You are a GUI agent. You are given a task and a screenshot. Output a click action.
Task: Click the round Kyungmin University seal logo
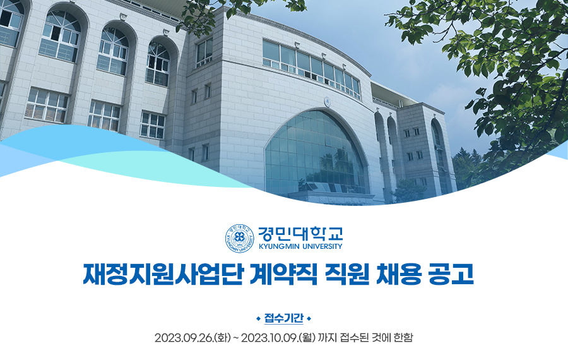pyautogui.click(x=239, y=238)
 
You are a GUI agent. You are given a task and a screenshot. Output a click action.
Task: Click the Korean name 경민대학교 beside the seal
pyautogui.click(x=300, y=234)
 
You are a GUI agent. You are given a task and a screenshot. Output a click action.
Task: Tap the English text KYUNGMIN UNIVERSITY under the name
pyautogui.click(x=300, y=246)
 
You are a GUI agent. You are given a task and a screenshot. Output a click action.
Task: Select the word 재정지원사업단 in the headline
pyautogui.click(x=163, y=275)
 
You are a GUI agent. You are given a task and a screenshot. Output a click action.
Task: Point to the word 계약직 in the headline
pyautogui.click(x=283, y=275)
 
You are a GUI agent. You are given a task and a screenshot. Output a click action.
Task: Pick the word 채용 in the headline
pyautogui.click(x=399, y=275)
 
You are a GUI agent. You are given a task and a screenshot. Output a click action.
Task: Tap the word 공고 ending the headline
pyautogui.click(x=451, y=275)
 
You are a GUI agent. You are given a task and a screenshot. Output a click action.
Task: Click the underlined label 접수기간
pyautogui.click(x=283, y=318)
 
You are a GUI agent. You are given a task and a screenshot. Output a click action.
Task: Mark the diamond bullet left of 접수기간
pyautogui.click(x=258, y=319)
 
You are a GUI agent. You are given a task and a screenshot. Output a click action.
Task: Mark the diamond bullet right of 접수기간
pyautogui.click(x=309, y=319)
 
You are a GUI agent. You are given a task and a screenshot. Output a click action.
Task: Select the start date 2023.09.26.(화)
pyautogui.click(x=192, y=338)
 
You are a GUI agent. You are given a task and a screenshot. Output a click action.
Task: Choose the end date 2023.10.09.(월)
pyautogui.click(x=278, y=338)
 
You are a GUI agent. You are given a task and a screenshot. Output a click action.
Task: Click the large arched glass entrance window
pyautogui.click(x=315, y=153)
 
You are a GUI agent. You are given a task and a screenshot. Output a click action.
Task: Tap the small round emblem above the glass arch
pyautogui.click(x=327, y=102)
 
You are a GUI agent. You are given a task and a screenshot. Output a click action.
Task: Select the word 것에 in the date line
pyautogui.click(x=381, y=338)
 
